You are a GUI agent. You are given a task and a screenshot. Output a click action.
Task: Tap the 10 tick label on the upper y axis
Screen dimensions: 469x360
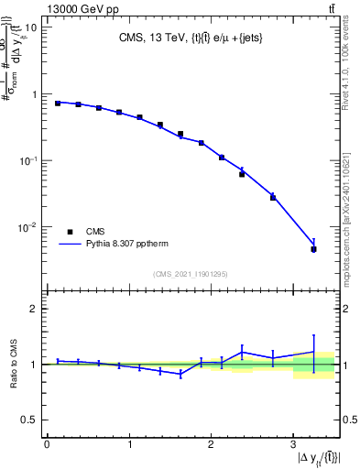pos(30,27)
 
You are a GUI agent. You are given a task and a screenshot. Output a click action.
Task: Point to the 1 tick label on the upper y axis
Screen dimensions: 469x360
pos(35,94)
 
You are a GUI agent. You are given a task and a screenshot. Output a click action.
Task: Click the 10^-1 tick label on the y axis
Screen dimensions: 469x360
pos(29,160)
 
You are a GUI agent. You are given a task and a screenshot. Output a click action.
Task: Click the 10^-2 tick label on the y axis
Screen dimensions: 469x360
pos(29,227)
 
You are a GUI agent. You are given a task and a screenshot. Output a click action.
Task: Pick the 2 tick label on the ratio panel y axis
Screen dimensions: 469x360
pos(35,309)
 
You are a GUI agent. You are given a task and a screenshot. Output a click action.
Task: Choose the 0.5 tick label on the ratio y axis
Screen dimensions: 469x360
pos(30,420)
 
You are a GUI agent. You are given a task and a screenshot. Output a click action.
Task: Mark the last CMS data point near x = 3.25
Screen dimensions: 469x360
pos(313,249)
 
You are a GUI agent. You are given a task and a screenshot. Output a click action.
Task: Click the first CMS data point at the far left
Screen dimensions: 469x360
pos(58,104)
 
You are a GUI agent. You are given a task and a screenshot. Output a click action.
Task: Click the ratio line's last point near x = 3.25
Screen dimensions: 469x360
pos(313,352)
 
